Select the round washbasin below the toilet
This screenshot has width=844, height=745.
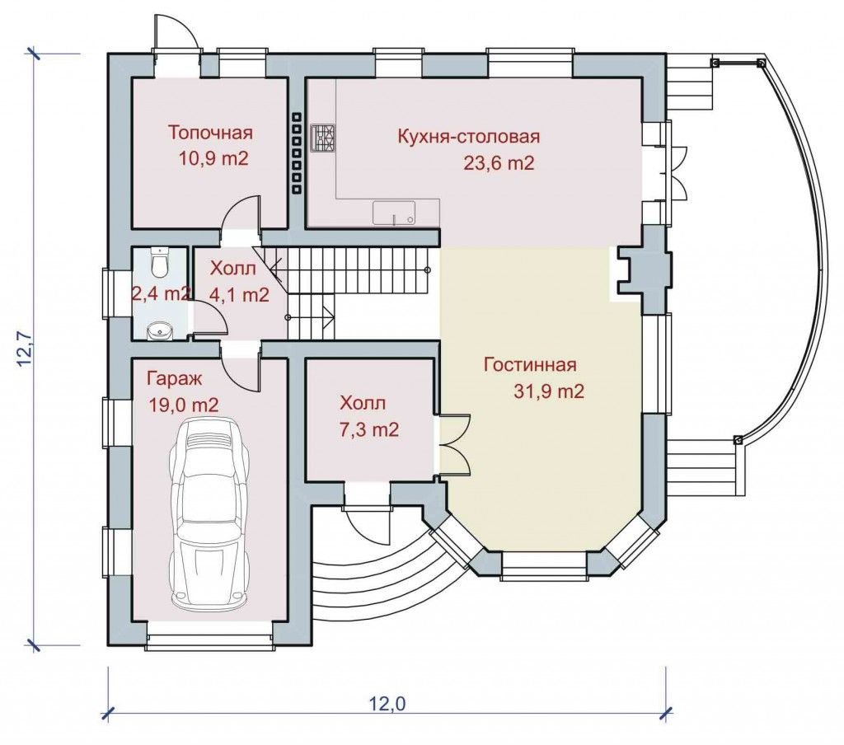[x=159, y=331]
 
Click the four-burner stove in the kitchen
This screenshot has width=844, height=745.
[x=323, y=138]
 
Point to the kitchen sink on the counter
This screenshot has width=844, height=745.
[x=395, y=213]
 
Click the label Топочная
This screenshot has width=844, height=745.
[x=210, y=133]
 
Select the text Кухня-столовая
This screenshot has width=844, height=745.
[x=468, y=136]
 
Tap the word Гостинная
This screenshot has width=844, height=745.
[x=530, y=364]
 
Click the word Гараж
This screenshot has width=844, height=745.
[x=175, y=379]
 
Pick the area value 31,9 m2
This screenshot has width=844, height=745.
[x=549, y=391]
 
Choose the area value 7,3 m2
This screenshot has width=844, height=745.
[x=369, y=429]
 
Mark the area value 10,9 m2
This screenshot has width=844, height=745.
[x=213, y=159]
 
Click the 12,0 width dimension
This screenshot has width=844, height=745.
[x=387, y=703]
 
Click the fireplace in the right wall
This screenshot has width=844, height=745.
[x=643, y=271]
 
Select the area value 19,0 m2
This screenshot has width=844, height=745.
[x=184, y=405]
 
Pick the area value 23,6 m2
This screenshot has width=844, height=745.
[x=499, y=162]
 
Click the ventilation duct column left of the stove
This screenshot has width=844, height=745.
[x=297, y=152]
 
